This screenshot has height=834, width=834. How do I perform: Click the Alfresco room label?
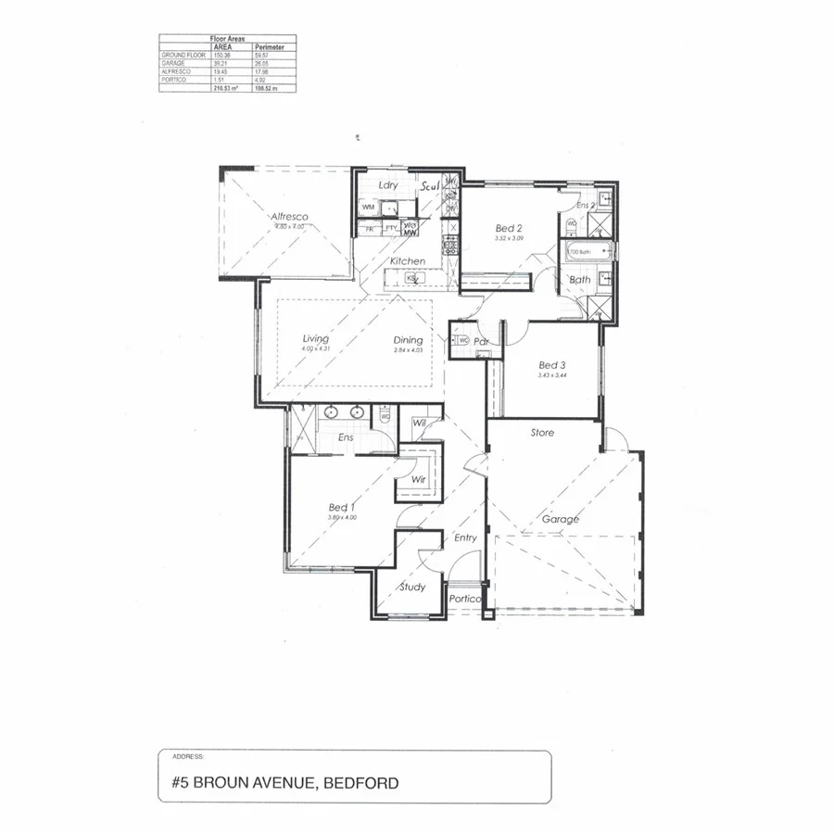[289, 217]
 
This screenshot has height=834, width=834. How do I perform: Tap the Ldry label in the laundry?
[388, 185]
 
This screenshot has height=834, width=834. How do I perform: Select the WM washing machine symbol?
[368, 207]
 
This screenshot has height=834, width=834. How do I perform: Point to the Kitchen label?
[407, 261]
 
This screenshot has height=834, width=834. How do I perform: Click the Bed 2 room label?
[510, 228]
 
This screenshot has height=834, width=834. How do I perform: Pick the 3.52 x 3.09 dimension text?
[510, 238]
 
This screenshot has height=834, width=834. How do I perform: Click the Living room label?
[316, 339]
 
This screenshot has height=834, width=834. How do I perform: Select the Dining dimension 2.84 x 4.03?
[408, 350]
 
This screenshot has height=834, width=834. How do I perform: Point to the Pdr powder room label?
[481, 341]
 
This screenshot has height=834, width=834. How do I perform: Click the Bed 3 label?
[551, 365]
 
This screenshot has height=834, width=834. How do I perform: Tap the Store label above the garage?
[542, 433]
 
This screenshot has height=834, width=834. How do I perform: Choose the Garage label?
[561, 519]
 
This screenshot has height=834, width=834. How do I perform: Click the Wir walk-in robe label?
[418, 479]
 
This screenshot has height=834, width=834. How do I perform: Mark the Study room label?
[412, 587]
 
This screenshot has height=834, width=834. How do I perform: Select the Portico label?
[465, 599]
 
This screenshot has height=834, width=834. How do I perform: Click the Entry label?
[465, 537]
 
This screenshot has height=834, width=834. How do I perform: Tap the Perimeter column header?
[269, 46]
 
